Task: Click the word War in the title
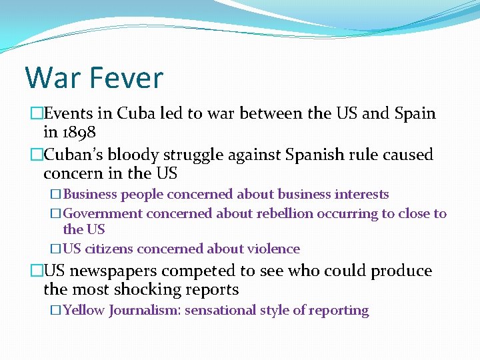[x=54, y=77]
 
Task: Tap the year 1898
[x=79, y=131]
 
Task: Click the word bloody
[x=131, y=155]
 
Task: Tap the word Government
[x=103, y=213]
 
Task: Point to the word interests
[x=362, y=195]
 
